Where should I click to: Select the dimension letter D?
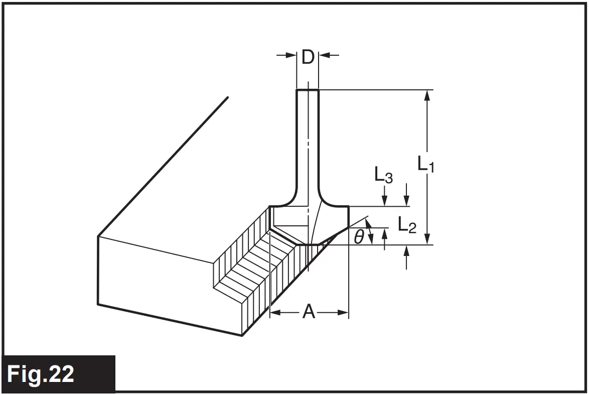point(308,58)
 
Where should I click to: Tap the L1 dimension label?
point(425,164)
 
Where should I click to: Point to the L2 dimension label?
point(407,225)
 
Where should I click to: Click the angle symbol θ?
point(358,236)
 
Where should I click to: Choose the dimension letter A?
point(309,313)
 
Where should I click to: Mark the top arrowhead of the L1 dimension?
point(427,95)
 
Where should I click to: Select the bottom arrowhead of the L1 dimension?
point(427,239)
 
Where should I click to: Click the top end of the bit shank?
point(308,90)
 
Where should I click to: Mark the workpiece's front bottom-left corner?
point(98,304)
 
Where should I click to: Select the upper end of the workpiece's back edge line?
point(228,97)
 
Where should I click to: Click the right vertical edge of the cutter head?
point(348,216)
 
